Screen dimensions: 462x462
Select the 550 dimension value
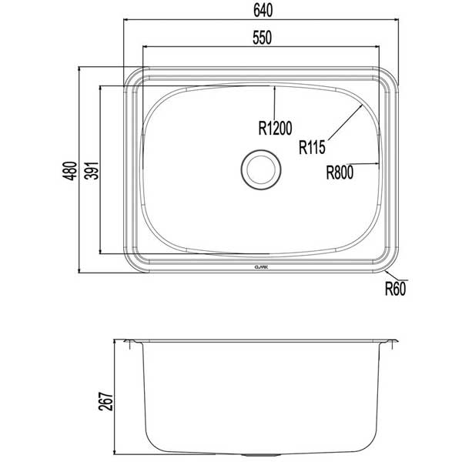[x=262, y=36]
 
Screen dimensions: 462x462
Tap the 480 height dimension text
[x=69, y=171]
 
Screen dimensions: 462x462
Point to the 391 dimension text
[x=90, y=171]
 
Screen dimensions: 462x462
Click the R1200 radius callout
[x=276, y=128]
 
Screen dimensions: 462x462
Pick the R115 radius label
[x=314, y=146]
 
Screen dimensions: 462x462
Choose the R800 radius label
[x=339, y=173]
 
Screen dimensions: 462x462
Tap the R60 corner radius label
[x=394, y=290]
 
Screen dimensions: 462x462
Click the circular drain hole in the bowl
[x=261, y=170]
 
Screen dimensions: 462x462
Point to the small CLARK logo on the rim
[x=261, y=266]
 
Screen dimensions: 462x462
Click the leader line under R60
[x=394, y=279]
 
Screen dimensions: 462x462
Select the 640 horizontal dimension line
[x=262, y=22]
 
